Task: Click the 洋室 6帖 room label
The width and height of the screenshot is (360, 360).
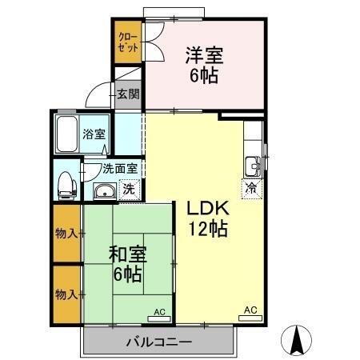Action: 205,65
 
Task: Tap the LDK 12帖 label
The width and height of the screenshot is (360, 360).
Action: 208,218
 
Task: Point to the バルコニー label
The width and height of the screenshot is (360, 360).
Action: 158,342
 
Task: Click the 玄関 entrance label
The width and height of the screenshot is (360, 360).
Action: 128,94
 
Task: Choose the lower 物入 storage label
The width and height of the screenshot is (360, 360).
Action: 66,294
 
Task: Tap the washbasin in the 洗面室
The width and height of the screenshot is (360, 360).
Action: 102,190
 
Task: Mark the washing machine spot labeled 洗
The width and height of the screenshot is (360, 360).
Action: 127,190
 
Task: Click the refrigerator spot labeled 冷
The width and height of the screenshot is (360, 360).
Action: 251,189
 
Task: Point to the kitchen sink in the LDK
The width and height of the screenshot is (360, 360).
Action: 253,166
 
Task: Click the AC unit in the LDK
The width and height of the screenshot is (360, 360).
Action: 250,310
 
